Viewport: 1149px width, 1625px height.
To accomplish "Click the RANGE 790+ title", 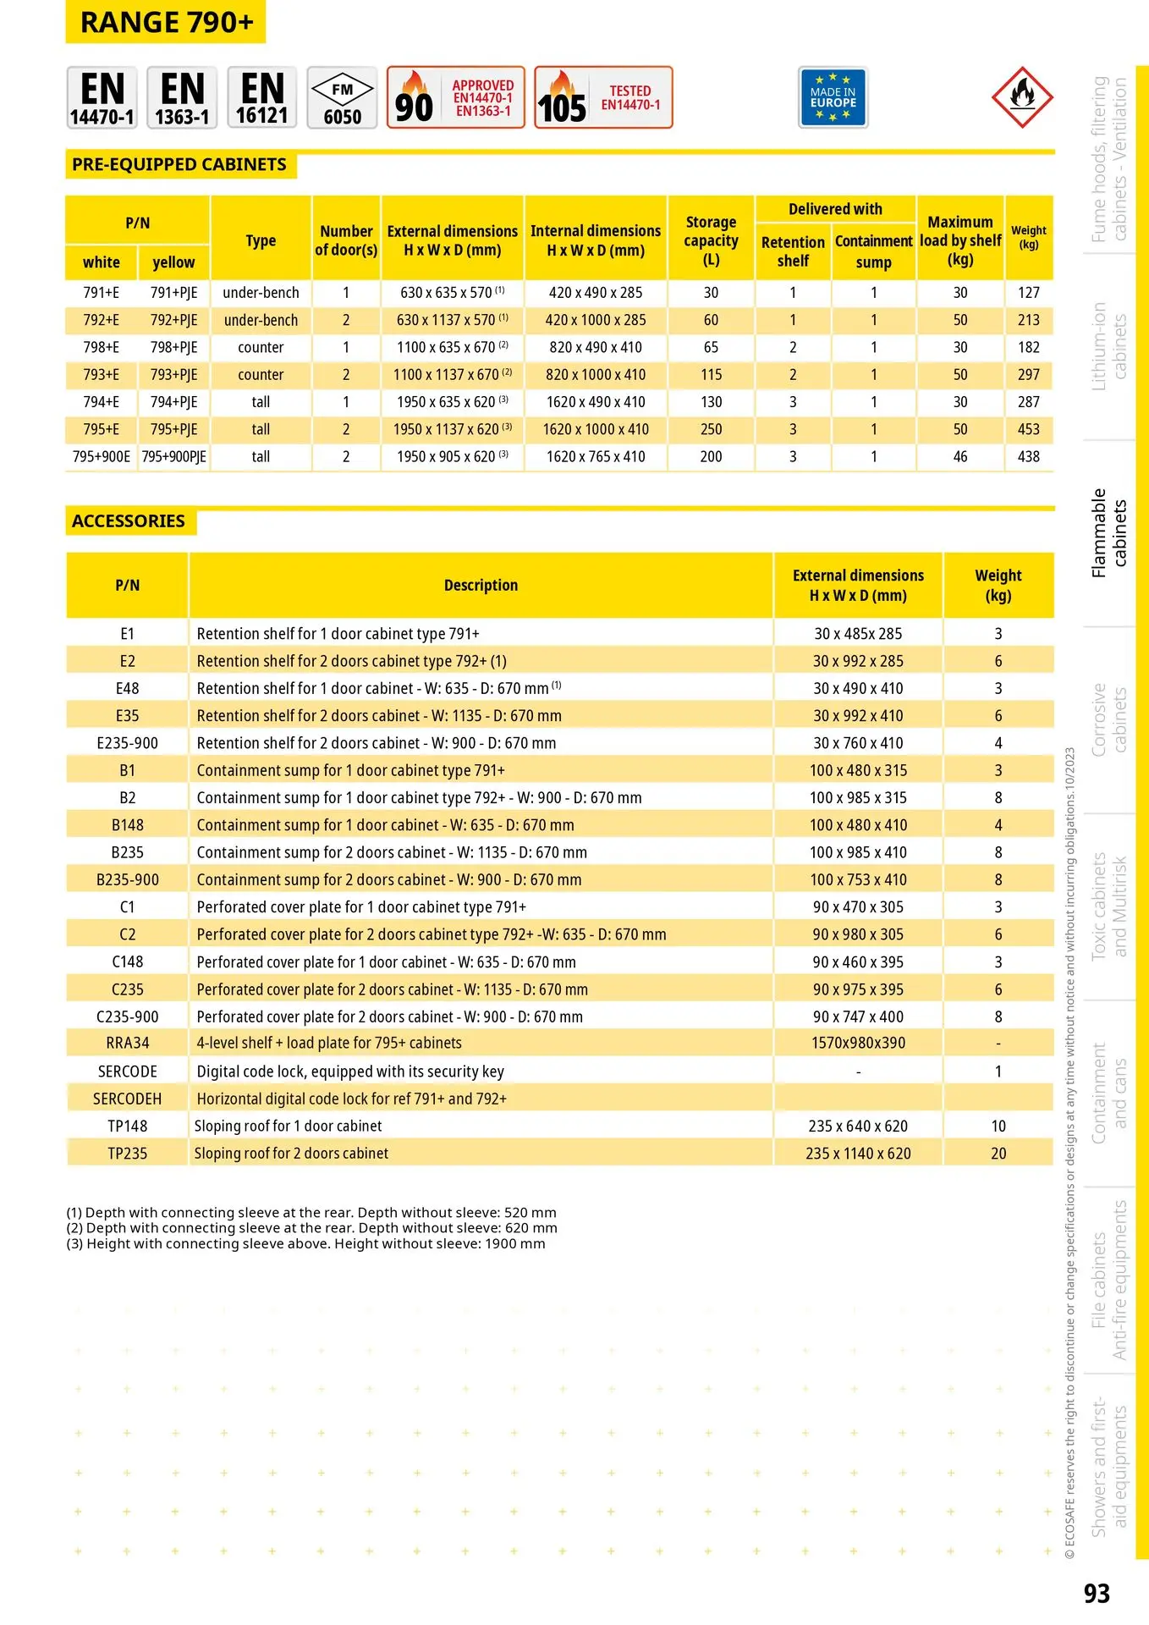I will tap(166, 23).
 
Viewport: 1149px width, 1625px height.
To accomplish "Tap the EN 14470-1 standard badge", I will tap(102, 98).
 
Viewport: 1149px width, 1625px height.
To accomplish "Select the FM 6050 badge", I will tap(342, 98).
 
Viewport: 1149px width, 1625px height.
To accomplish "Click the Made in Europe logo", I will tap(833, 98).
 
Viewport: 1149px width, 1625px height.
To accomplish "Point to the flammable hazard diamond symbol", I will tap(1022, 97).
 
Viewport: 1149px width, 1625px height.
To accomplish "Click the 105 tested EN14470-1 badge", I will tap(603, 98).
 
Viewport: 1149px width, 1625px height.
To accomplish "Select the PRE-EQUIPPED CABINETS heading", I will tap(179, 165).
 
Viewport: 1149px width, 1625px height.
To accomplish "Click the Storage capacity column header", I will tap(711, 240).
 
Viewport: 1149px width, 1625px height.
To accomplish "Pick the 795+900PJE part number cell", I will tap(173, 457).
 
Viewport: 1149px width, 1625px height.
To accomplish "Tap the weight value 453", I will tap(1028, 430).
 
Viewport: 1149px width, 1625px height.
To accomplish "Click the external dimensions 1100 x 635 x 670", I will tap(452, 348).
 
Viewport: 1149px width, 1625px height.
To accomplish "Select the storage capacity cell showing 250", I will tap(711, 430).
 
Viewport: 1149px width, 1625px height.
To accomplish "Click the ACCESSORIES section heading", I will tap(129, 521).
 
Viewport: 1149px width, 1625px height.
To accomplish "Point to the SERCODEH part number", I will tap(127, 1099).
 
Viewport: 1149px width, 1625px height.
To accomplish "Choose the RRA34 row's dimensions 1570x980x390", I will tap(858, 1044).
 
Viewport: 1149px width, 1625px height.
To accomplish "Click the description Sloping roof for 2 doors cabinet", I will tap(291, 1154).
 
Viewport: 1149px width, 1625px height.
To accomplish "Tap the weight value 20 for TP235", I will tap(998, 1154).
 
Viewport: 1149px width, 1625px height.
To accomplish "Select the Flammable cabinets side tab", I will tap(1109, 533).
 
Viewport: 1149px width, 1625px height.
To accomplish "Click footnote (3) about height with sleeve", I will tap(305, 1244).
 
